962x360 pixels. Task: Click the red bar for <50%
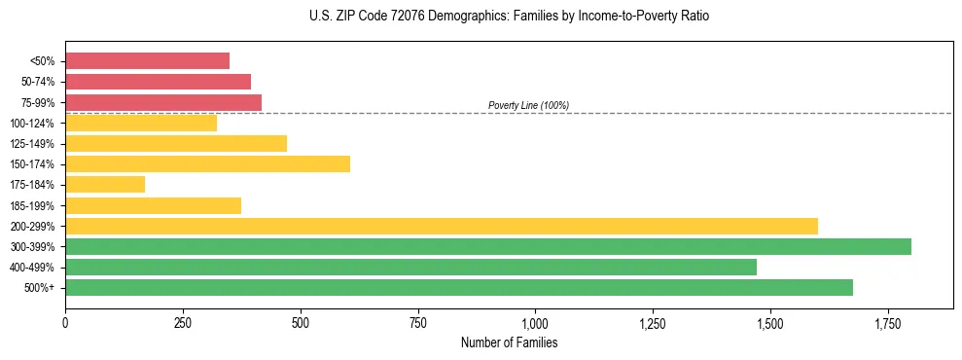click(147, 61)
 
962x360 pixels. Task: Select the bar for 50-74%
click(158, 82)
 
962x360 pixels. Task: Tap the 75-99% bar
click(163, 102)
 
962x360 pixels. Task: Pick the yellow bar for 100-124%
click(141, 123)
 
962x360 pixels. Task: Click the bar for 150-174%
click(207, 163)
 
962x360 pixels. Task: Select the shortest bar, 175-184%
click(105, 184)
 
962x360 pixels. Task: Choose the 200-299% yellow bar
click(442, 226)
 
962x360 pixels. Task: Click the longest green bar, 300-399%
click(488, 246)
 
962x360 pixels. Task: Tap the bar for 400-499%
click(410, 267)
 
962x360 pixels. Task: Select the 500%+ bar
click(459, 287)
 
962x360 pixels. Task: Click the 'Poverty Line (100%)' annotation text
click(528, 105)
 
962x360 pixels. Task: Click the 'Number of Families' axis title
click(509, 343)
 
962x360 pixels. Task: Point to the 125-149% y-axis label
click(31, 144)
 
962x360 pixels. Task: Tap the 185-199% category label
click(31, 205)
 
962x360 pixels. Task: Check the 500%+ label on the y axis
click(40, 288)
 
